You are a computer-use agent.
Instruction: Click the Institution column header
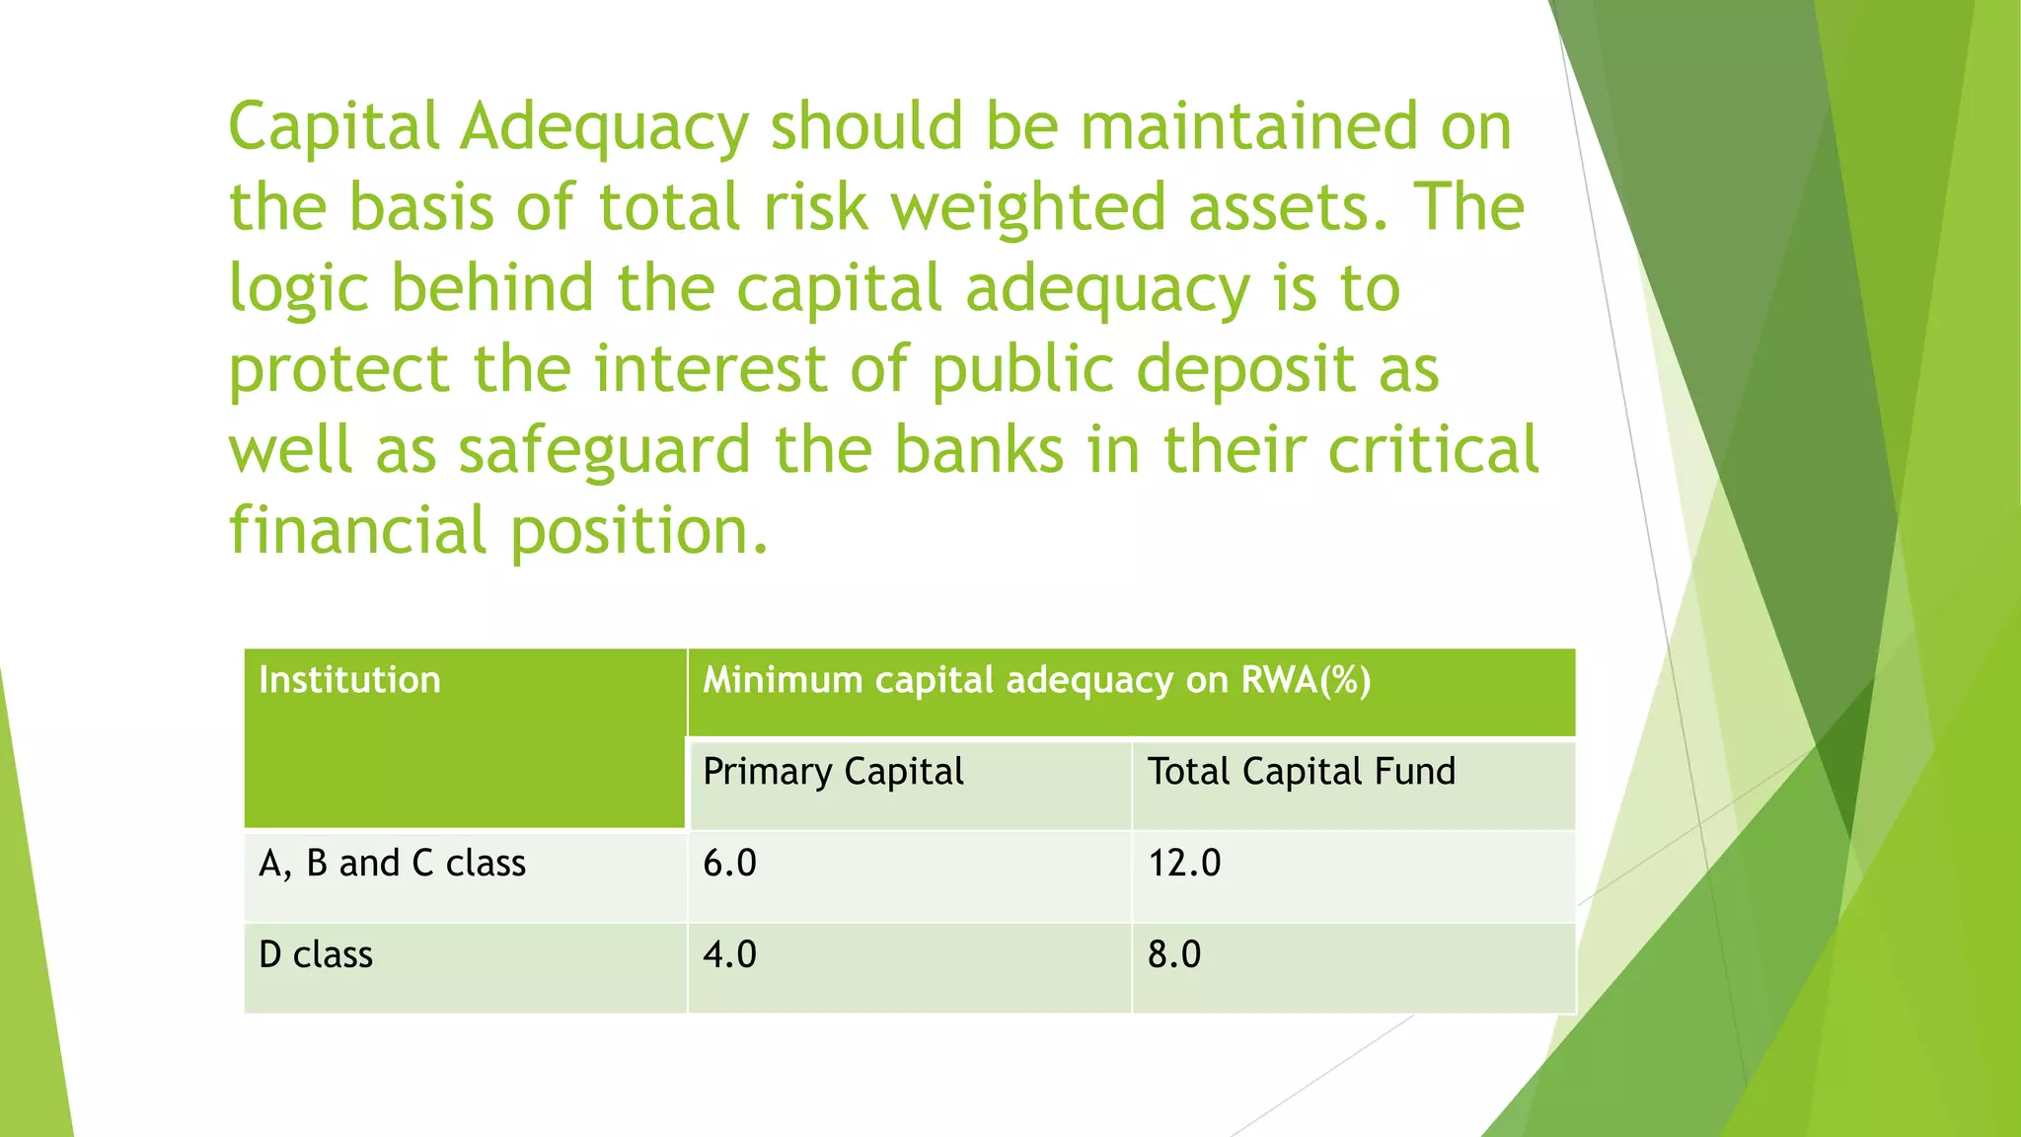pos(349,680)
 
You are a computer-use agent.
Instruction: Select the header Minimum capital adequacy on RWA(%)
pos(1036,680)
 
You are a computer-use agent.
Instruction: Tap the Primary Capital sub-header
pos(833,772)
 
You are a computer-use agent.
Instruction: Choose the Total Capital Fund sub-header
pos(1301,772)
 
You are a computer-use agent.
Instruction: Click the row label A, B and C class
pos(392,864)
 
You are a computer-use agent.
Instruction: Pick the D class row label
pos(316,955)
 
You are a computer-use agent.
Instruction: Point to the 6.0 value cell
pos(729,864)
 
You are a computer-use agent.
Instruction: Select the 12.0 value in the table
pos(1184,864)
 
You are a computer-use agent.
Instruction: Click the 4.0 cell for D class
pos(729,955)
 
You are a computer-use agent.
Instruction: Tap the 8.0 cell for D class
pos(1174,955)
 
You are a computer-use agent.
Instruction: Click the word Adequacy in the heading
pos(604,128)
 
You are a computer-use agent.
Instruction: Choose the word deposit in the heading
pos(1245,371)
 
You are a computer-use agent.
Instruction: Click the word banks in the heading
pos(979,450)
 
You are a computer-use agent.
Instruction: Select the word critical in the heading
pos(1433,450)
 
